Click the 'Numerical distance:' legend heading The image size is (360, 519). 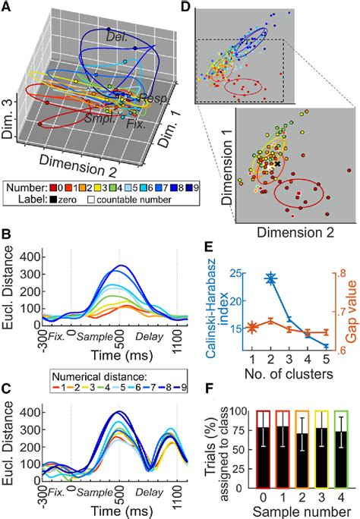coord(122,354)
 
